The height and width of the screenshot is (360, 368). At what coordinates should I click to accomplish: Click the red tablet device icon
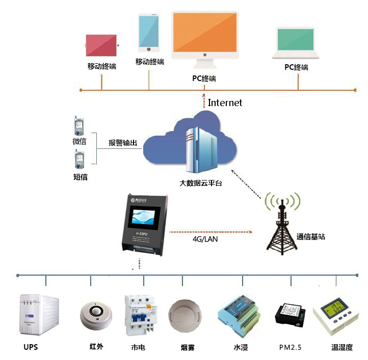pos(101,45)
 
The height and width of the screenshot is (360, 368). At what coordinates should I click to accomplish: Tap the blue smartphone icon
pos(149,32)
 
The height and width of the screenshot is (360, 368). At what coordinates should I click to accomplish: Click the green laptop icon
pos(295,41)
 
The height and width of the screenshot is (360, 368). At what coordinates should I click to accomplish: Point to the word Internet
pos(225,102)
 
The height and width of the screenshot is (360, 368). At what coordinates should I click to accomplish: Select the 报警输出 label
pos(123,143)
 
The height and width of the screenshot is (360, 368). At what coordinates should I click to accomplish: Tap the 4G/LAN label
pos(205,239)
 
